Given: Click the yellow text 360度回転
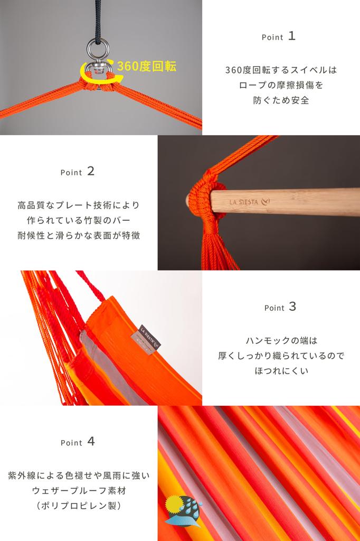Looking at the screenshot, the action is point(147,66).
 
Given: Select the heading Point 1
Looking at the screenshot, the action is point(278,36).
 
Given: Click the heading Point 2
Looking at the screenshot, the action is point(77,172).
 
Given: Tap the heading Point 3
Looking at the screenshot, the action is point(280,307).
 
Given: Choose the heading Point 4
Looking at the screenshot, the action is point(78,442).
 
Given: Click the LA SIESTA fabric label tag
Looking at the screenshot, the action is point(146,340).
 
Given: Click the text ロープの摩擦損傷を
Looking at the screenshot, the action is point(281,85).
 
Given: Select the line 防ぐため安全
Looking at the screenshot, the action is point(281,100).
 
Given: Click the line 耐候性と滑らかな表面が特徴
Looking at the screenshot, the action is point(79,235).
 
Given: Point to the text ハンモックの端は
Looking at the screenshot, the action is point(281,341).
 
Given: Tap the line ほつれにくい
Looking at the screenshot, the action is point(281,371).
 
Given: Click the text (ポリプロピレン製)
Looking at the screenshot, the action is point(79,506).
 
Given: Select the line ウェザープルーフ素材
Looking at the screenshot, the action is point(79,491).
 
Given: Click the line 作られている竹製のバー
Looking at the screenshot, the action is point(79,220).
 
